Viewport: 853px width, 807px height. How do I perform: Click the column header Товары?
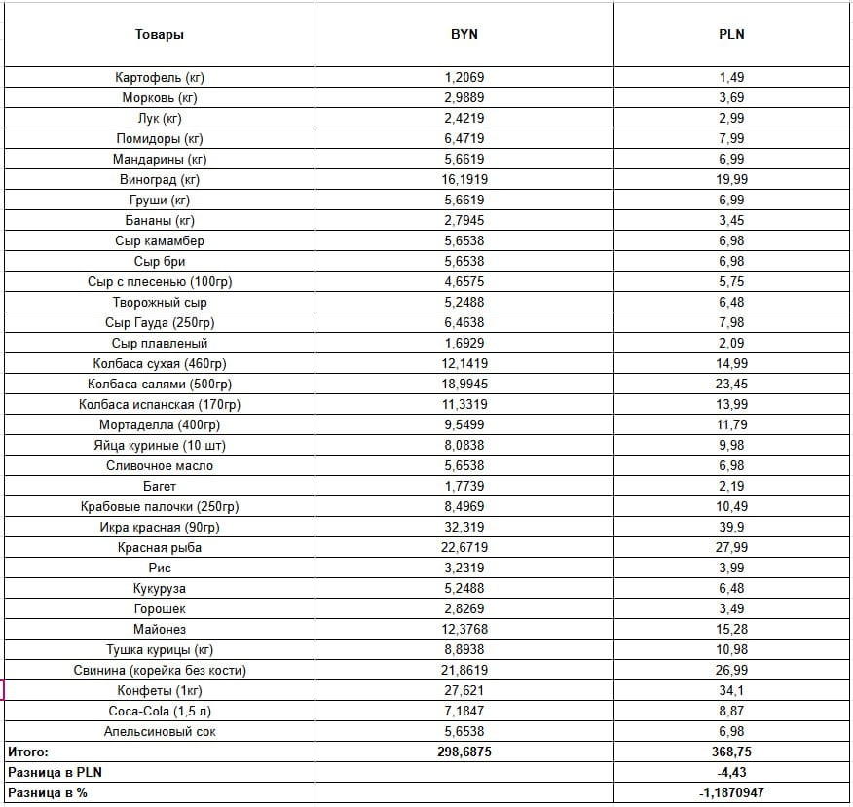pyautogui.click(x=160, y=35)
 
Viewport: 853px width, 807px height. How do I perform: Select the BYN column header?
pyautogui.click(x=464, y=35)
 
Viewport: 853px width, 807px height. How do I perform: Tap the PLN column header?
pyautogui.click(x=731, y=35)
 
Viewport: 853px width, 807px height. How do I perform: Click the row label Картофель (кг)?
pyautogui.click(x=160, y=77)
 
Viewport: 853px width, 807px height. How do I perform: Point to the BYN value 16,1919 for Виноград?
pyautogui.click(x=464, y=179)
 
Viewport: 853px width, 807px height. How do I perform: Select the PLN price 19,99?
pyautogui.click(x=731, y=179)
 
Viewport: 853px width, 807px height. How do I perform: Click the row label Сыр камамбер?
pyautogui.click(x=160, y=240)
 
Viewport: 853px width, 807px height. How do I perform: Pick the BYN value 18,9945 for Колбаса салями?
pyautogui.click(x=464, y=384)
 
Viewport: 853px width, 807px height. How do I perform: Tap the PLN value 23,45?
pyautogui.click(x=731, y=384)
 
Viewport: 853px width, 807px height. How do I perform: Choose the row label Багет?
pyautogui.click(x=160, y=486)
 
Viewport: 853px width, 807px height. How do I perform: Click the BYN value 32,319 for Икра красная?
pyautogui.click(x=464, y=527)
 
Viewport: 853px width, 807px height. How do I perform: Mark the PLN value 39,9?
pyautogui.click(x=731, y=527)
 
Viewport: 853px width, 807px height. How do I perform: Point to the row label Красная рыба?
pyautogui.click(x=160, y=547)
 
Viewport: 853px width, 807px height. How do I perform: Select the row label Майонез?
pyautogui.click(x=160, y=629)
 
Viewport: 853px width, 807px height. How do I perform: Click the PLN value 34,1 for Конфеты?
pyautogui.click(x=731, y=690)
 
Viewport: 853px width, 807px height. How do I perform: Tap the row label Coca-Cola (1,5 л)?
pyautogui.click(x=160, y=711)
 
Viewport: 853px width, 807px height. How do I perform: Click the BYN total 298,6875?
pyautogui.click(x=464, y=752)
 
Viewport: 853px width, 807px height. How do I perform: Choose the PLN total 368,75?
pyautogui.click(x=731, y=752)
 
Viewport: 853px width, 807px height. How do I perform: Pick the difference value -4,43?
pyautogui.click(x=731, y=772)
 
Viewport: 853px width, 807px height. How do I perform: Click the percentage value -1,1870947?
pyautogui.click(x=731, y=792)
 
